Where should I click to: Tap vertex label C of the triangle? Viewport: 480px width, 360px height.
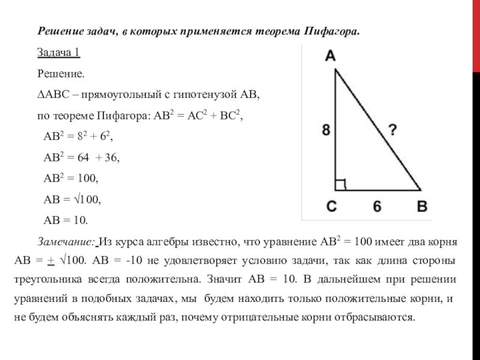[332, 206]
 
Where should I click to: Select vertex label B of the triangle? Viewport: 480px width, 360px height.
[422, 206]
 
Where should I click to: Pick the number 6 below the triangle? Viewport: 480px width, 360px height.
[377, 206]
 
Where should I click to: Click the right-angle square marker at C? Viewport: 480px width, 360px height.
[340, 184]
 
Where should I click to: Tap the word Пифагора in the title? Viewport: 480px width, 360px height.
[331, 30]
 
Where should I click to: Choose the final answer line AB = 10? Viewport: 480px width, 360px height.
[66, 220]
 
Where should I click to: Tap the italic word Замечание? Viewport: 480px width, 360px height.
[66, 242]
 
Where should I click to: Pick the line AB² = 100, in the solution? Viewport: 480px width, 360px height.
[71, 178]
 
